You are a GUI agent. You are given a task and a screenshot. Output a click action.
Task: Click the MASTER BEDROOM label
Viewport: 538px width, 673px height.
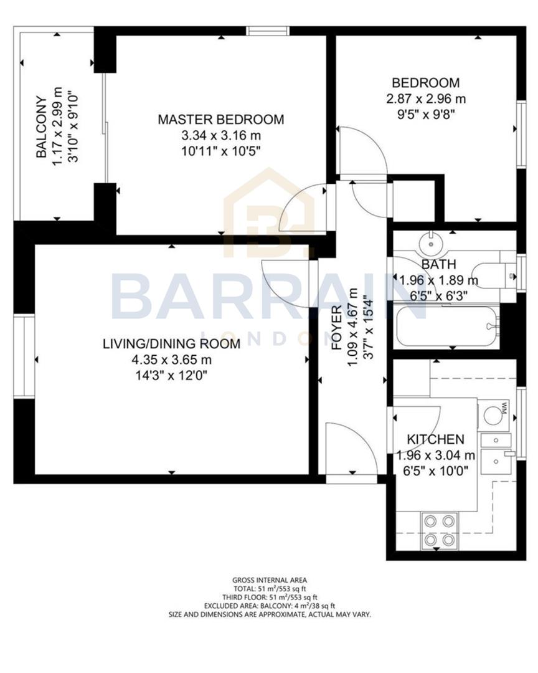point(220,119)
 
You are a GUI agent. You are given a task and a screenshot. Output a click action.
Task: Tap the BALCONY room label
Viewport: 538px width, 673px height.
point(41,127)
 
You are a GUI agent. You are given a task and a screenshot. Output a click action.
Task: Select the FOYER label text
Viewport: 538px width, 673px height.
point(337,327)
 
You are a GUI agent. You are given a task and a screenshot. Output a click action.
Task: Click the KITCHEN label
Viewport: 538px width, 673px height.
point(435,439)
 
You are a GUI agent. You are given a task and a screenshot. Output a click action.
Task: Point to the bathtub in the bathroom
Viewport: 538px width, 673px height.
point(448,326)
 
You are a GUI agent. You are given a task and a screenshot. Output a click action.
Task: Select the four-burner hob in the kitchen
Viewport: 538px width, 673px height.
point(439,530)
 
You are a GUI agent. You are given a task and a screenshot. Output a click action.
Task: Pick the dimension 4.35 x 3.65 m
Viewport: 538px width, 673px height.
point(171,360)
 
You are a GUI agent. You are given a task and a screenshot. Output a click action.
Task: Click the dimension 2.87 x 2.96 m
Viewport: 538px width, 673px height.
point(426,98)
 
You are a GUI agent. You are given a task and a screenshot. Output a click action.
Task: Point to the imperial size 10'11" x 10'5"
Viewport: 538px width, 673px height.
point(220,150)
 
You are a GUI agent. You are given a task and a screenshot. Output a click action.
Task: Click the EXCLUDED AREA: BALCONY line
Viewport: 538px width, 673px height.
point(270,605)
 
